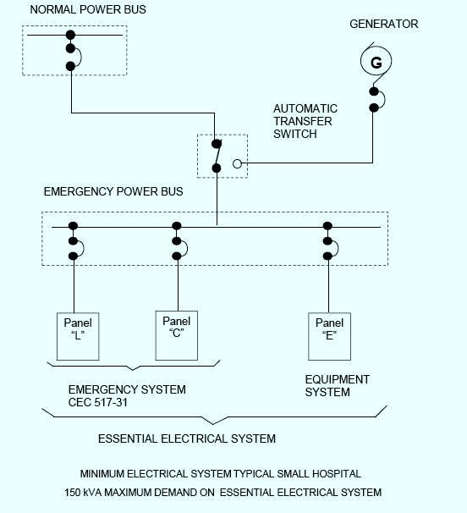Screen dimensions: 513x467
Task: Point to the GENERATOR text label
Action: coord(384,24)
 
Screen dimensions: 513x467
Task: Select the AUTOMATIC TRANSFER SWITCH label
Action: coord(305,121)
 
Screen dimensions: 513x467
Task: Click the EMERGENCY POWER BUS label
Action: coord(113,191)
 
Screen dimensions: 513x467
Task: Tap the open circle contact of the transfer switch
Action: coord(238,163)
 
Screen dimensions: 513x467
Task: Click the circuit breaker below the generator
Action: coord(375,99)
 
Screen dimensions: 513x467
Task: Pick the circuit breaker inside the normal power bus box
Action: coord(72,51)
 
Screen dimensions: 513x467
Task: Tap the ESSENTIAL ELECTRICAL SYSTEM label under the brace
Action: coord(186,439)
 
